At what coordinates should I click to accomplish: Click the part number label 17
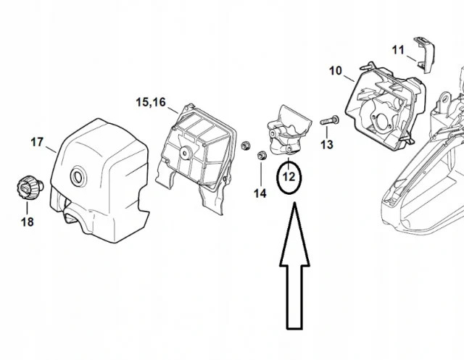tap(37, 142)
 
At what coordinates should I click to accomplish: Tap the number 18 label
tap(28, 222)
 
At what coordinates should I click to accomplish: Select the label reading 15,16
tap(151, 102)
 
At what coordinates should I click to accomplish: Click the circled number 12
tap(289, 177)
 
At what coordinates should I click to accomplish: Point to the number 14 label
tap(260, 193)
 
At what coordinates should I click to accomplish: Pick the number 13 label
tap(327, 145)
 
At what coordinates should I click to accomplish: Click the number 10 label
tap(336, 71)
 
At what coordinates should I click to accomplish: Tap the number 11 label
tap(398, 50)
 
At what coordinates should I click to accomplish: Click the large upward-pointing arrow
tap(295, 266)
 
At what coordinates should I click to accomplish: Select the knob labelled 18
tap(29, 188)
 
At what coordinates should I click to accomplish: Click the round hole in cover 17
tap(78, 177)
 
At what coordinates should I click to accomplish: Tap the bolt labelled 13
tap(329, 121)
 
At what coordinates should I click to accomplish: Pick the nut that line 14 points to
tap(261, 155)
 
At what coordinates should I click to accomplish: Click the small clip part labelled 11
tap(425, 54)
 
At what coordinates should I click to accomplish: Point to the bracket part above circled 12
tap(288, 130)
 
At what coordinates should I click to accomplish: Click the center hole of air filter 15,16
tap(186, 154)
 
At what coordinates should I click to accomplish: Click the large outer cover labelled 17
tap(99, 181)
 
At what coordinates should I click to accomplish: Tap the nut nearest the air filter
tap(245, 146)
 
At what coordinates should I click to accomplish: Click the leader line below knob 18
tap(27, 208)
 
